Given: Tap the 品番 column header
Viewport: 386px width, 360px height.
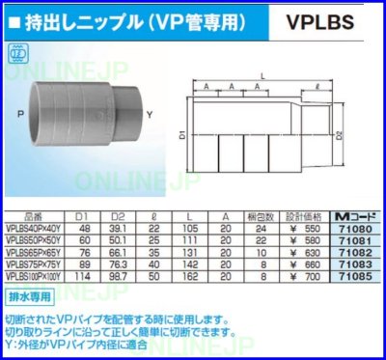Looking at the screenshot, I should (x=35, y=216).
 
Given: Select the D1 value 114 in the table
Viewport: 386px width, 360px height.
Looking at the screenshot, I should (x=84, y=277).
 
